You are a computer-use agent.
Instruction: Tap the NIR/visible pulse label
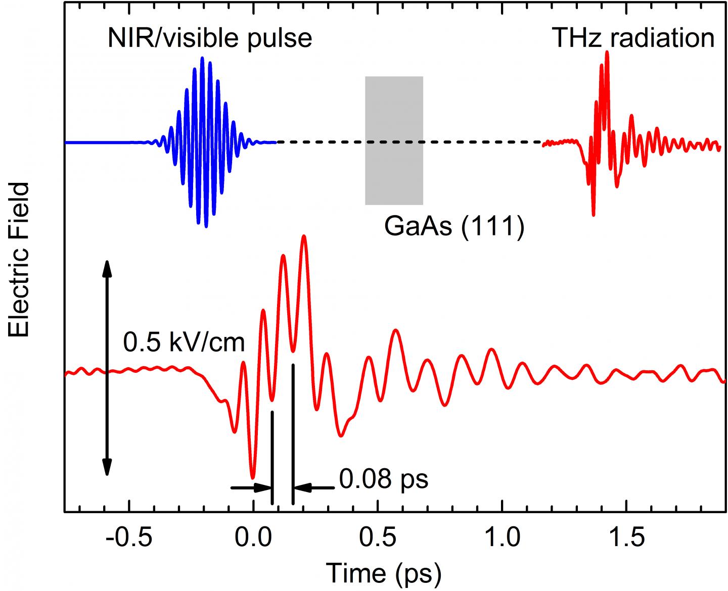click(209, 38)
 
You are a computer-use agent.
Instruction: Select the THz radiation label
click(633, 38)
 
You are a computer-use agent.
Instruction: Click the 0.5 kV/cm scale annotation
click(184, 343)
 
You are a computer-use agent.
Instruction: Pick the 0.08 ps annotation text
click(384, 478)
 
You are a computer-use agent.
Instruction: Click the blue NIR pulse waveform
click(204, 142)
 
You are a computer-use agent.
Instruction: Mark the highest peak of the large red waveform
click(303, 236)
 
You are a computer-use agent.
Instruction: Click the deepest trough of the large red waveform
click(253, 477)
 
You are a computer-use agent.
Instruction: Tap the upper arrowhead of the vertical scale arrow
click(107, 266)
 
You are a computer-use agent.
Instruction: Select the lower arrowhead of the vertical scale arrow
click(107, 469)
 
